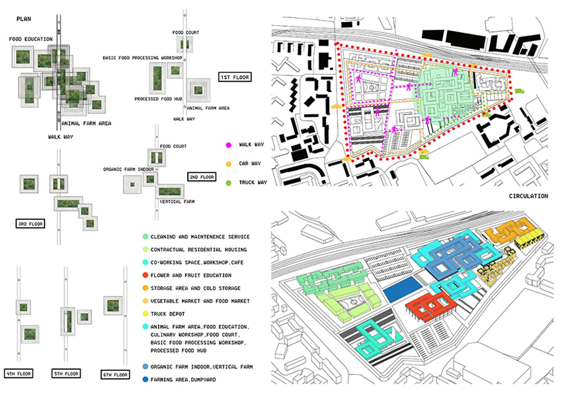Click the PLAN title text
(x=24, y=19)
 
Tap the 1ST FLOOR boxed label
(x=235, y=77)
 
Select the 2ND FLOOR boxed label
(x=202, y=177)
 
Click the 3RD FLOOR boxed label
(x=31, y=224)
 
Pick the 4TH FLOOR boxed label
(x=19, y=373)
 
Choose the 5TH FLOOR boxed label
(x=66, y=373)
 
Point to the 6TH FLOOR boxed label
(x=115, y=375)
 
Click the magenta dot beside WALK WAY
(x=229, y=145)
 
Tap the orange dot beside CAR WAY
(x=229, y=164)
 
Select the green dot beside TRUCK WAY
(x=229, y=183)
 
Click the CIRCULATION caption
(x=528, y=196)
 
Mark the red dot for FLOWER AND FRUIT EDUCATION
(x=145, y=275)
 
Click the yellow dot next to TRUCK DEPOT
(x=145, y=314)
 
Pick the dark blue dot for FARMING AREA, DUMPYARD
(x=145, y=380)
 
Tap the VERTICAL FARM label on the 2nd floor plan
(x=177, y=202)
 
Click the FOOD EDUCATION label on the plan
(x=31, y=39)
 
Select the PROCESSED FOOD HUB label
(x=158, y=99)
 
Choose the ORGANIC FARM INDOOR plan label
(x=128, y=169)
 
